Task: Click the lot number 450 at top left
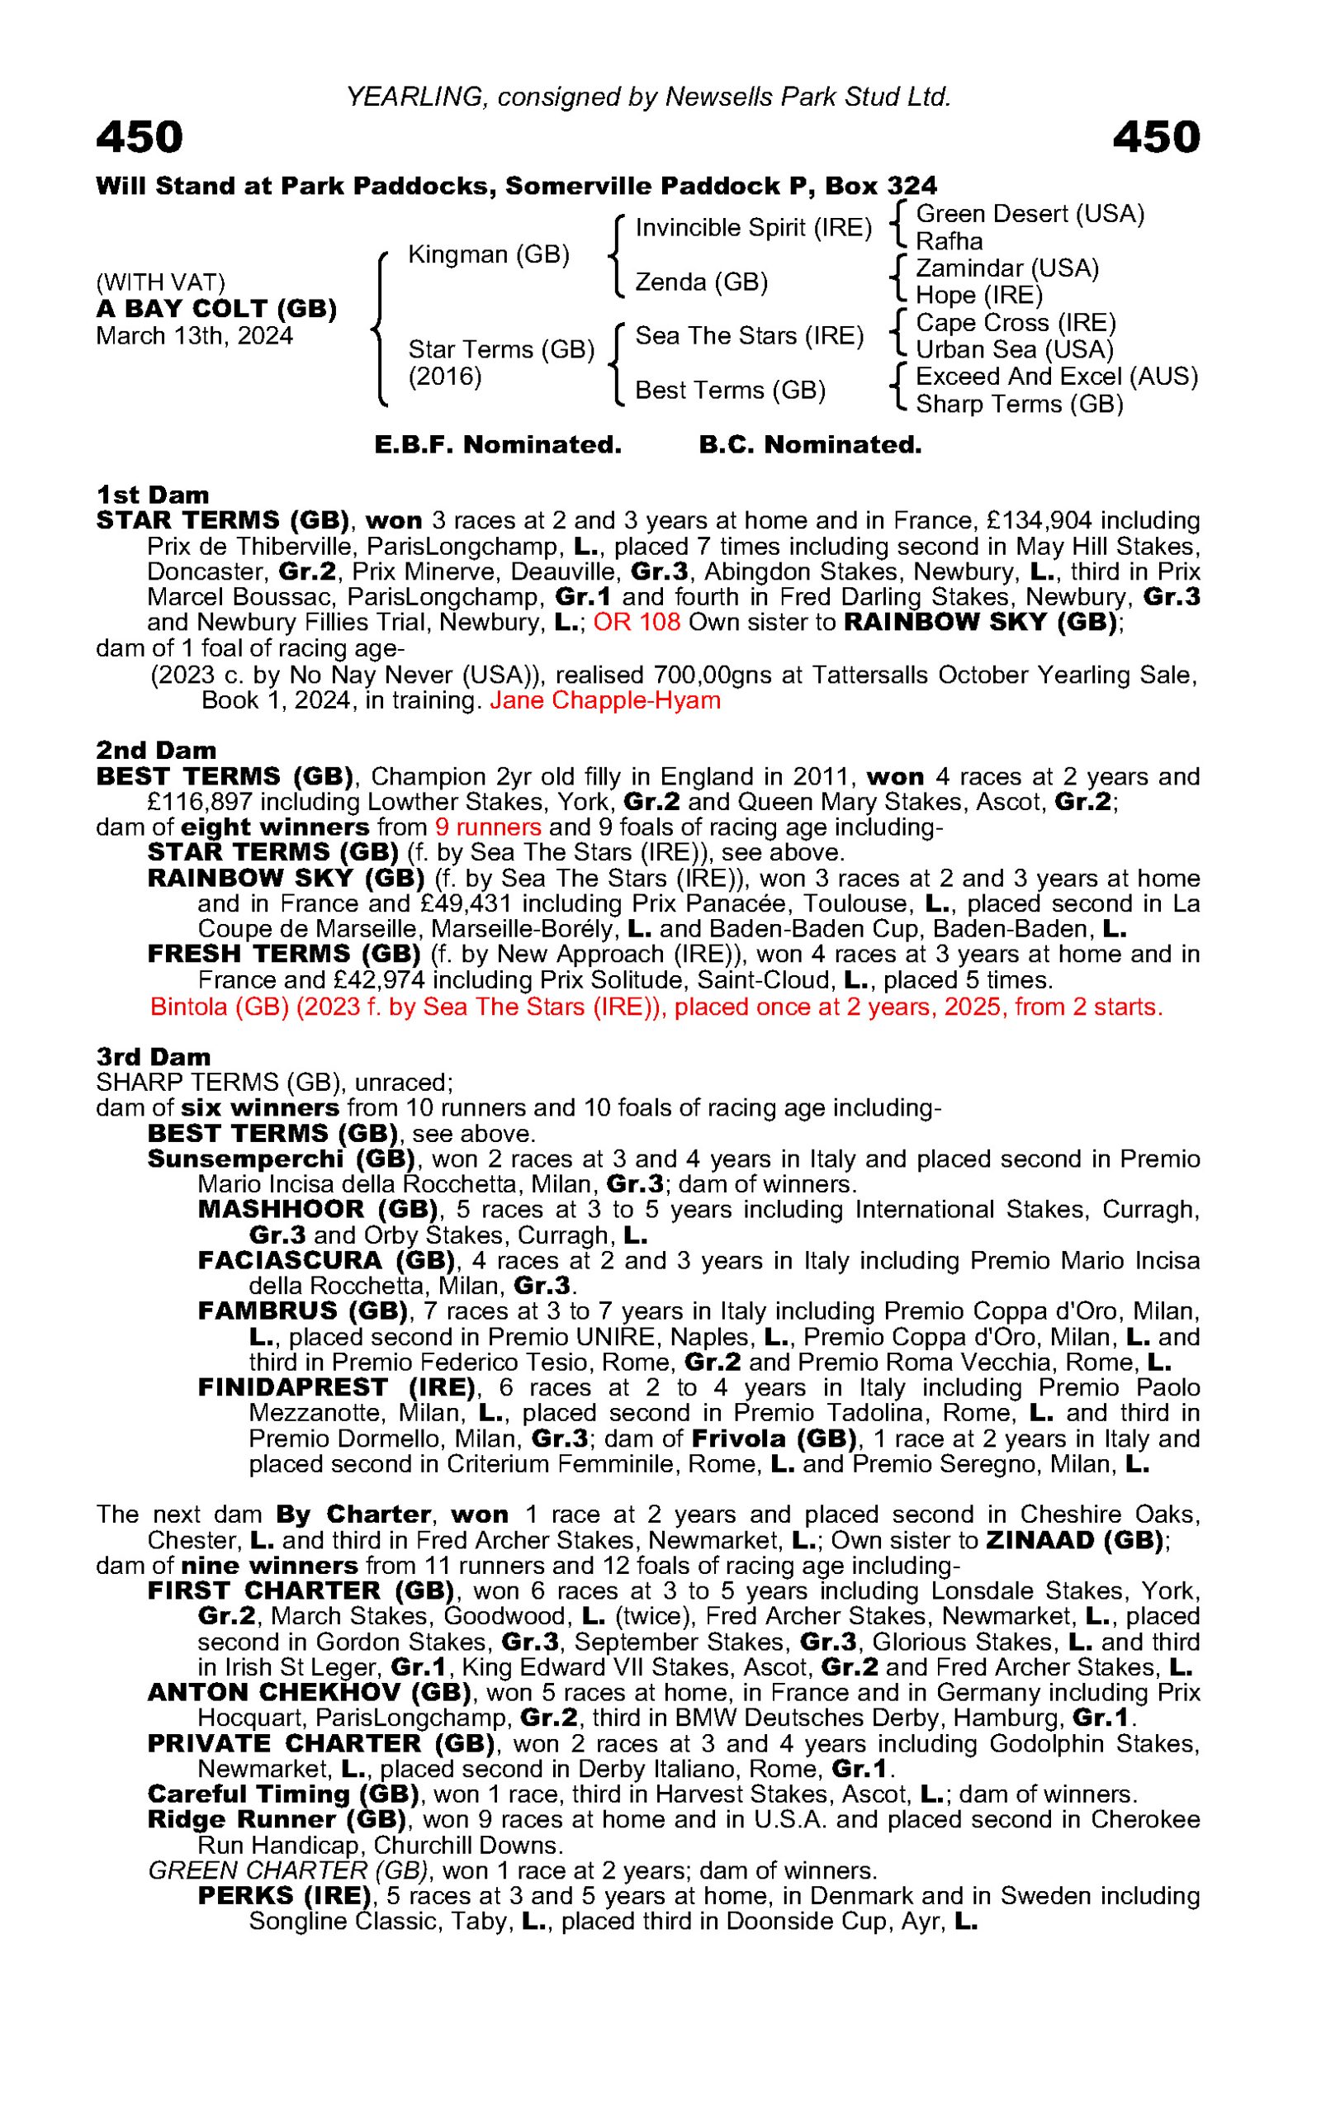coord(140,138)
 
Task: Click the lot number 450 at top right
coord(1155,138)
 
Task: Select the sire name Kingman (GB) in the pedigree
coord(489,255)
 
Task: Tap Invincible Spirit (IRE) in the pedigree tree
coord(753,228)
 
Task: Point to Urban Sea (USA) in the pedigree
coord(1014,350)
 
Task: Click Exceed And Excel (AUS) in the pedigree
coord(1056,377)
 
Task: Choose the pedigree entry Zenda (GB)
coord(701,282)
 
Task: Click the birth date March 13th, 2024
coord(194,337)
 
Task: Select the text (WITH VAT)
coord(160,282)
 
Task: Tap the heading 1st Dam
coord(153,495)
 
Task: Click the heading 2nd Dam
coord(156,750)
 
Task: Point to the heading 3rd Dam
coord(154,1056)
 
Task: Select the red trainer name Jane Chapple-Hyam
coord(605,701)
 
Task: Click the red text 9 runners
coord(487,827)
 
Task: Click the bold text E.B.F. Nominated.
coord(498,446)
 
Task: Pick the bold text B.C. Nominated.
coord(809,446)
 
